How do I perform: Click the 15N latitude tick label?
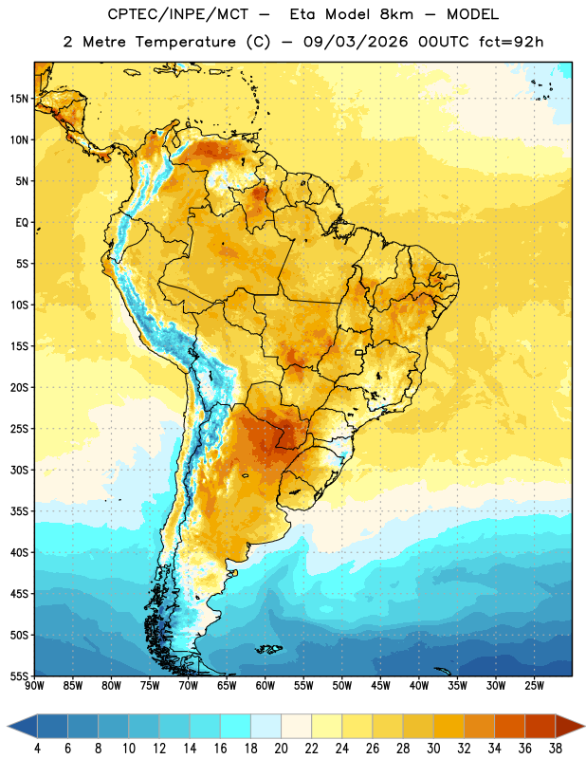coord(19,99)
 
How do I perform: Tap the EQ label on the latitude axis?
coord(22,223)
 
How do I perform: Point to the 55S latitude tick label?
coord(19,676)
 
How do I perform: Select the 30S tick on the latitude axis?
coord(19,470)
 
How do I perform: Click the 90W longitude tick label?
coord(34,686)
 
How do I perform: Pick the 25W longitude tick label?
coord(534,686)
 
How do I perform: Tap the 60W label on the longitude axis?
coord(266,686)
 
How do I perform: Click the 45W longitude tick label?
coord(380,686)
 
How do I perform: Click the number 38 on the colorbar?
coord(556,749)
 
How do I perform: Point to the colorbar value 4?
coord(37,749)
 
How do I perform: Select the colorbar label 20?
coord(281,749)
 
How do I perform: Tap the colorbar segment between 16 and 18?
coord(235,727)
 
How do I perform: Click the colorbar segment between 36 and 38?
coord(540,727)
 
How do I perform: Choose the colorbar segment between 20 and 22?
coord(296,727)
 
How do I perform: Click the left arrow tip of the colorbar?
coord(9,727)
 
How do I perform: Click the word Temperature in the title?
coord(185,42)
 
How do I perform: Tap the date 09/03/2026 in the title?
coord(356,42)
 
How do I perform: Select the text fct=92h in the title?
coord(511,42)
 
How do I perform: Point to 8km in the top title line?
coord(396,14)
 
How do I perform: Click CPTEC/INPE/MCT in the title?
coord(178,14)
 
